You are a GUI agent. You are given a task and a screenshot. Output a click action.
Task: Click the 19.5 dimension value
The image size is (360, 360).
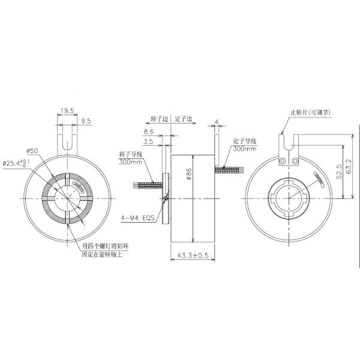coord(67,110)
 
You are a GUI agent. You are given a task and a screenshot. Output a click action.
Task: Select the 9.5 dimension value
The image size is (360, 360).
coord(86,121)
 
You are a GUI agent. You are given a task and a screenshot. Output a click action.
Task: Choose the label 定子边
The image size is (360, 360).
coord(184,119)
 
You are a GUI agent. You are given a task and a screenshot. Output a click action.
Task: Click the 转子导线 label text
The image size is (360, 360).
coord(131,154)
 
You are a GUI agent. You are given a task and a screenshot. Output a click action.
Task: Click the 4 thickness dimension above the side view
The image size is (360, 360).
coord(216,122)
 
